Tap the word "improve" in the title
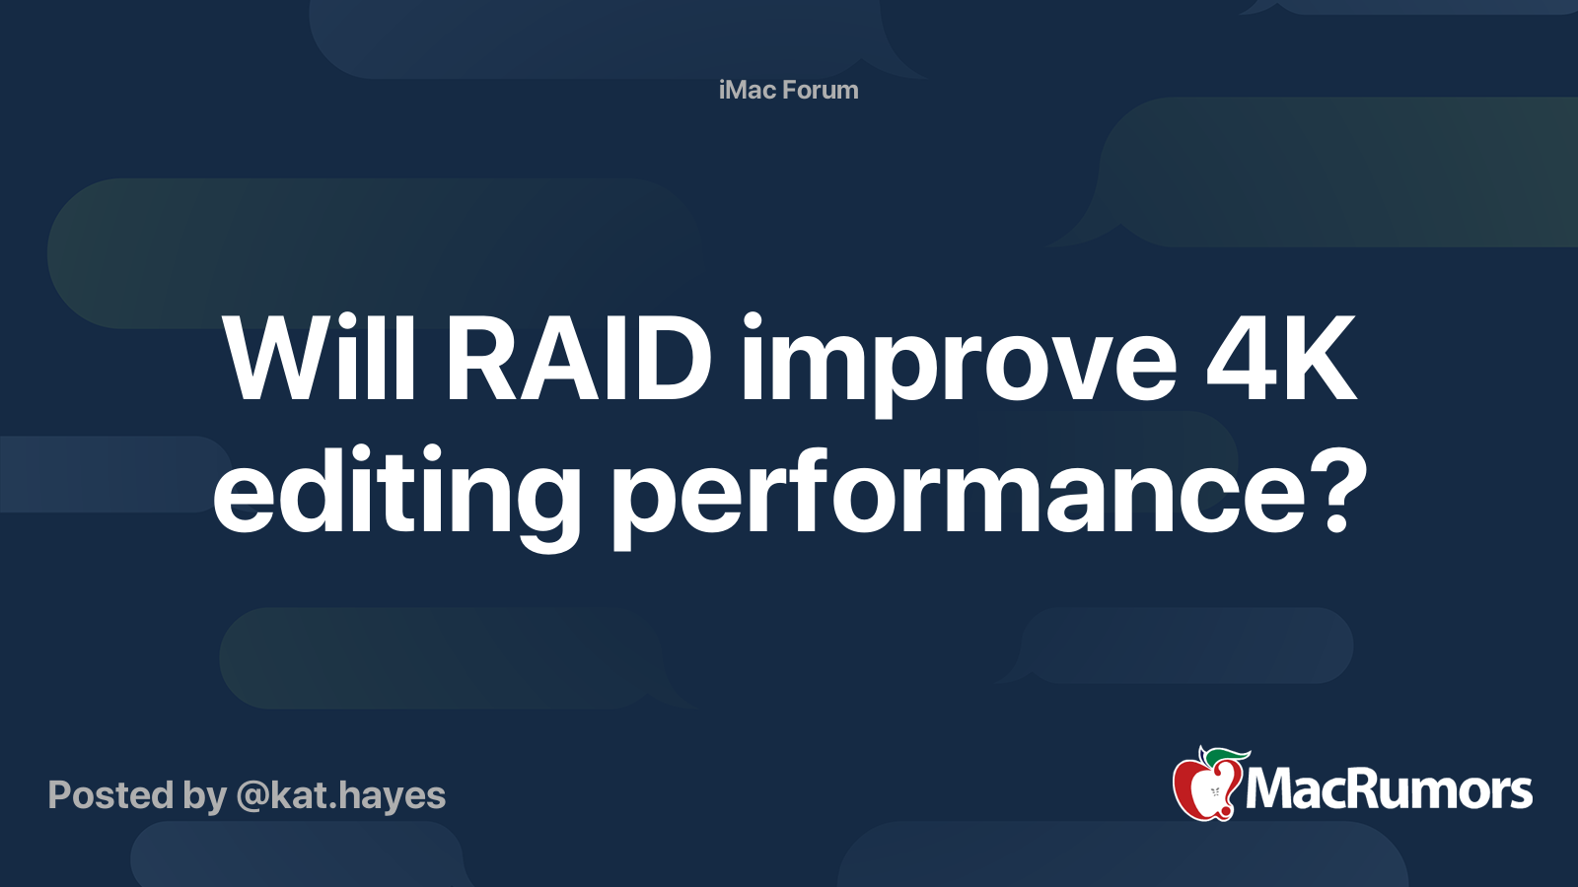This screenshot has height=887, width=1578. tap(958, 365)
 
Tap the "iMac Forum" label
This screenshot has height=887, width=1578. tap(788, 90)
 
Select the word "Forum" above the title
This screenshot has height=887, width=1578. tap(821, 90)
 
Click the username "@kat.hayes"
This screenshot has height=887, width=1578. tap(340, 794)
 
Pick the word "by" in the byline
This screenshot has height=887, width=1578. tap(205, 796)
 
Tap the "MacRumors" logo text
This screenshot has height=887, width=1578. tap(1389, 789)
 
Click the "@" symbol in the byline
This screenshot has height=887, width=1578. tap(252, 795)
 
